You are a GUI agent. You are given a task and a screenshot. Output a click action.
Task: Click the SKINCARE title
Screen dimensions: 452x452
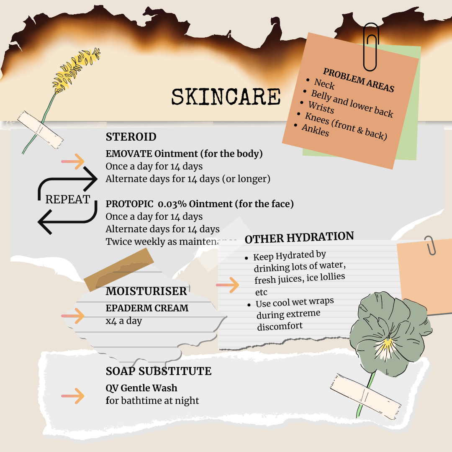[226, 97]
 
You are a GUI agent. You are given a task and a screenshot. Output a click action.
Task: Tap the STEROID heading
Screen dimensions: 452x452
[131, 137]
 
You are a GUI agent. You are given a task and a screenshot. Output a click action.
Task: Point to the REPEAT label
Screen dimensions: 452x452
[67, 199]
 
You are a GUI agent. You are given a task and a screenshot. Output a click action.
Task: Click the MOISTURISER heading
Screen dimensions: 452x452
[146, 291]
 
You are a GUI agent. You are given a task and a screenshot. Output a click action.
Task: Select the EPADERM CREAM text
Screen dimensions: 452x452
[147, 308]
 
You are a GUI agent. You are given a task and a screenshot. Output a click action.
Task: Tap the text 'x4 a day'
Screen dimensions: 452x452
[123, 321]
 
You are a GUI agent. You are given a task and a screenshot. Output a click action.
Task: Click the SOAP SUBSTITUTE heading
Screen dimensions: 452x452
[158, 371]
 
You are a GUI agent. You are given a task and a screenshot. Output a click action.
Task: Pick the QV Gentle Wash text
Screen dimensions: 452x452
[141, 388]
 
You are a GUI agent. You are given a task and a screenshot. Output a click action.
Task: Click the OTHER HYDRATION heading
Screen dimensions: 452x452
[299, 238]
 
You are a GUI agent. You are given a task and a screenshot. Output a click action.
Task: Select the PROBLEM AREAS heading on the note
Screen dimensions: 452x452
[359, 80]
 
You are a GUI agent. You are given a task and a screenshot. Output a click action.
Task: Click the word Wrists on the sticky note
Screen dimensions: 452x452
[321, 108]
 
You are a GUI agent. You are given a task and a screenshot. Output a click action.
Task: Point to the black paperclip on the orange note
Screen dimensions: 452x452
[371, 46]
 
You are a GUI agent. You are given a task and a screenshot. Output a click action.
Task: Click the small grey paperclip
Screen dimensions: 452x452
[430, 245]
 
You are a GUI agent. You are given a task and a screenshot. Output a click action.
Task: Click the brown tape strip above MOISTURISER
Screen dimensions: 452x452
[118, 269]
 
